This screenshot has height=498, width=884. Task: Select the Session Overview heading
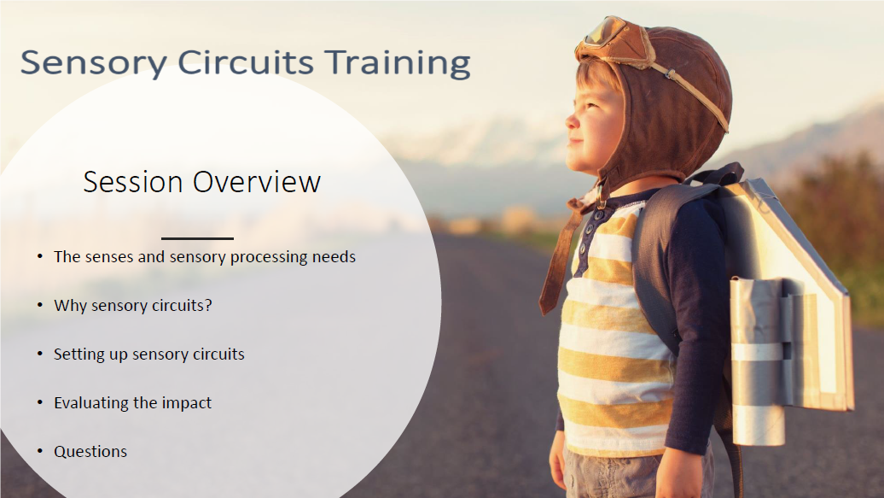(x=202, y=182)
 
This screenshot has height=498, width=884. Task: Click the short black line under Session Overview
(x=197, y=238)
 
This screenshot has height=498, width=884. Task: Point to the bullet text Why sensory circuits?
(x=132, y=305)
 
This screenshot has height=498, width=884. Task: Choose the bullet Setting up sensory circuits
(x=148, y=354)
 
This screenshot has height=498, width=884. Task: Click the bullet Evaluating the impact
(x=132, y=402)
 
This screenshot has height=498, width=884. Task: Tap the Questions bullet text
(x=90, y=451)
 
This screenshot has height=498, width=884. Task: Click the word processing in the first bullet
(x=283, y=256)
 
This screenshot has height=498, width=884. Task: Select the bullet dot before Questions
(x=39, y=451)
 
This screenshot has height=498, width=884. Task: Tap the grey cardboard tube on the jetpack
(x=757, y=359)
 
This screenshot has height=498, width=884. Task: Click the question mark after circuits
(x=208, y=305)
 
